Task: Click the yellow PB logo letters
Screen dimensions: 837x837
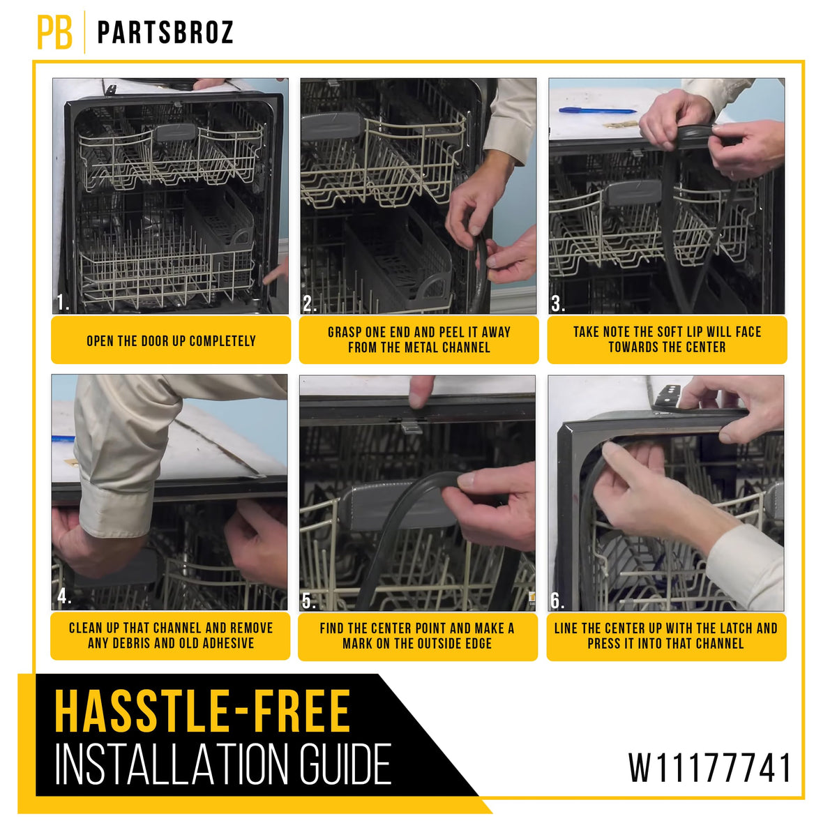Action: (x=54, y=32)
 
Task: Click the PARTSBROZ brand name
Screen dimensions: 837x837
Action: (x=165, y=32)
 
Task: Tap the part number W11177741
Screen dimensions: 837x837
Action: (x=709, y=769)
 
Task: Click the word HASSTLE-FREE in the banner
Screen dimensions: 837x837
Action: (x=202, y=711)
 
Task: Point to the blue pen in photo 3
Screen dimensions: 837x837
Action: (x=598, y=110)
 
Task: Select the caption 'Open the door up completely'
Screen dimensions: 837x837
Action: (x=171, y=341)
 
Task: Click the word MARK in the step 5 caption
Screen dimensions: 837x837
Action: (x=358, y=643)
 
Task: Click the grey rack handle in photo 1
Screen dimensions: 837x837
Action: (x=176, y=132)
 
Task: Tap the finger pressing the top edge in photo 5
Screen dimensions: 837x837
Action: (x=421, y=391)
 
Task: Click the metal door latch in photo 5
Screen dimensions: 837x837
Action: (x=411, y=427)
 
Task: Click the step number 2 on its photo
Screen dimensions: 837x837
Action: (x=309, y=303)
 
